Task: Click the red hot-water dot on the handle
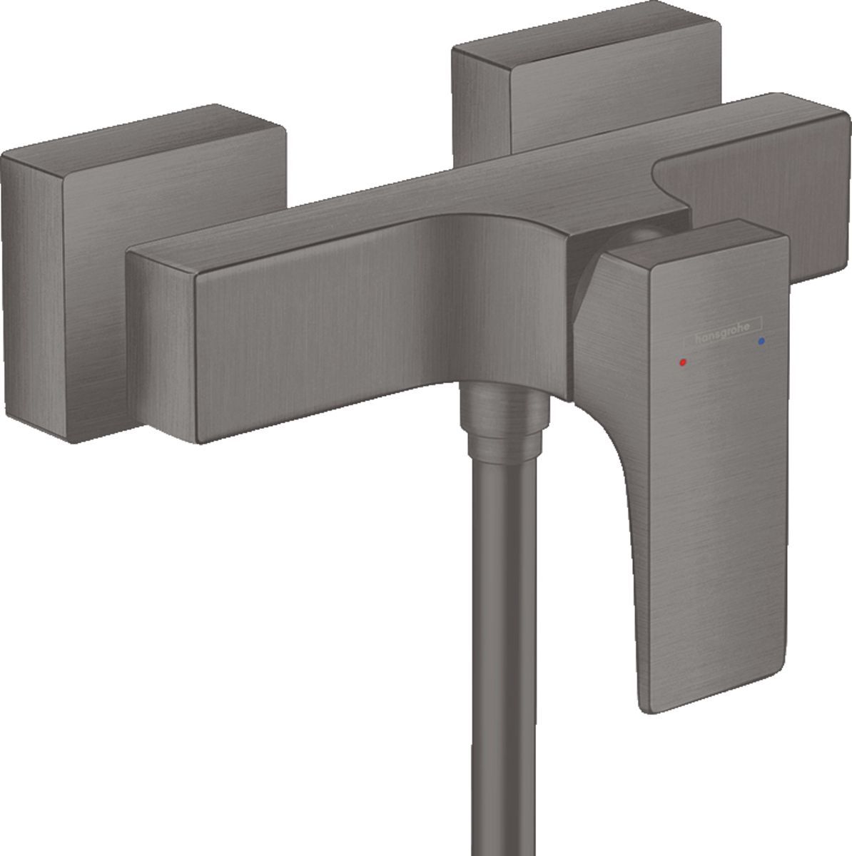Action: tap(684, 362)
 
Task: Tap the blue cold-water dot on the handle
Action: tap(763, 342)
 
